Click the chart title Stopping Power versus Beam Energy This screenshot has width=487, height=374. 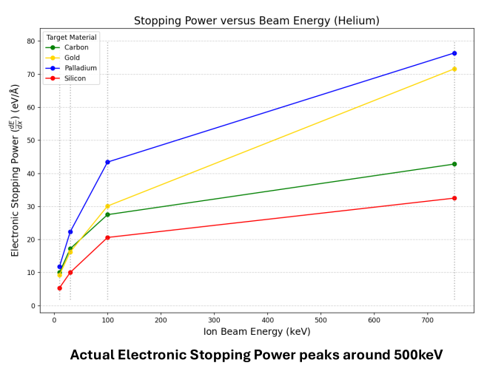[255, 21]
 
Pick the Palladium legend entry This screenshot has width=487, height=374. [80, 68]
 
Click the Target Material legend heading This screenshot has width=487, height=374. [71, 37]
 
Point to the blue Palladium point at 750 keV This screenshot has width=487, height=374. [454, 53]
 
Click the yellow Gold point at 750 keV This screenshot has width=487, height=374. [454, 69]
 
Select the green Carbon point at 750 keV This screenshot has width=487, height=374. [454, 164]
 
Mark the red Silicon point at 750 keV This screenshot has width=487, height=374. [454, 198]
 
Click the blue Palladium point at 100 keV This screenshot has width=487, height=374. [107, 162]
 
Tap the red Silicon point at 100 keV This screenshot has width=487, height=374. [107, 237]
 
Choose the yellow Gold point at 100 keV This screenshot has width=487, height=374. [107, 205]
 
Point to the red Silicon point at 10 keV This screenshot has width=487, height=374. [59, 288]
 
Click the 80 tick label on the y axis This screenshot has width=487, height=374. [30, 41]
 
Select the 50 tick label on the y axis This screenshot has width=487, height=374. [30, 140]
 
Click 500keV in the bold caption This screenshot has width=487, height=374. [406, 355]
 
